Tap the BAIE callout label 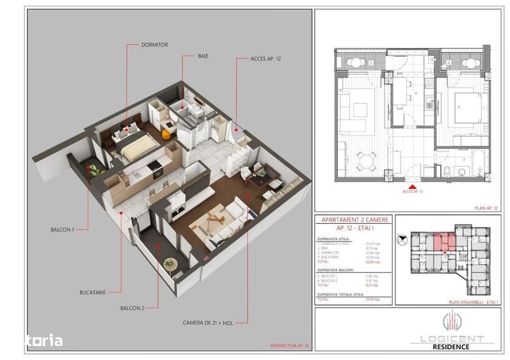(x=203, y=56)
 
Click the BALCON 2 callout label (x=132, y=308)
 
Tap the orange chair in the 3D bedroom (x=166, y=134)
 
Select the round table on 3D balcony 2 (x=170, y=262)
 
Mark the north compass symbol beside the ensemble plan (x=402, y=240)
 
